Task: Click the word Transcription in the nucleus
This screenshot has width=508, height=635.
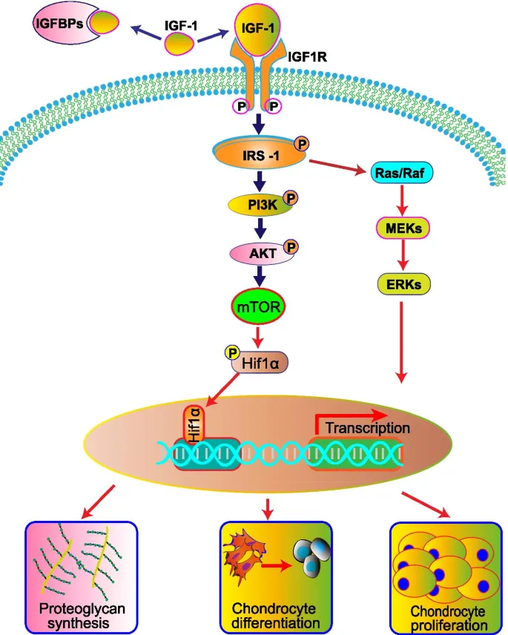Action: [367, 428]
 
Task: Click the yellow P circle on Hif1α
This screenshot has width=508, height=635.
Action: [225, 352]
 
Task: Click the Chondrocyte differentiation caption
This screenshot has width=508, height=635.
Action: [269, 616]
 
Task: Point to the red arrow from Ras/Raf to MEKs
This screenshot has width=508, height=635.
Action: [400, 201]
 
